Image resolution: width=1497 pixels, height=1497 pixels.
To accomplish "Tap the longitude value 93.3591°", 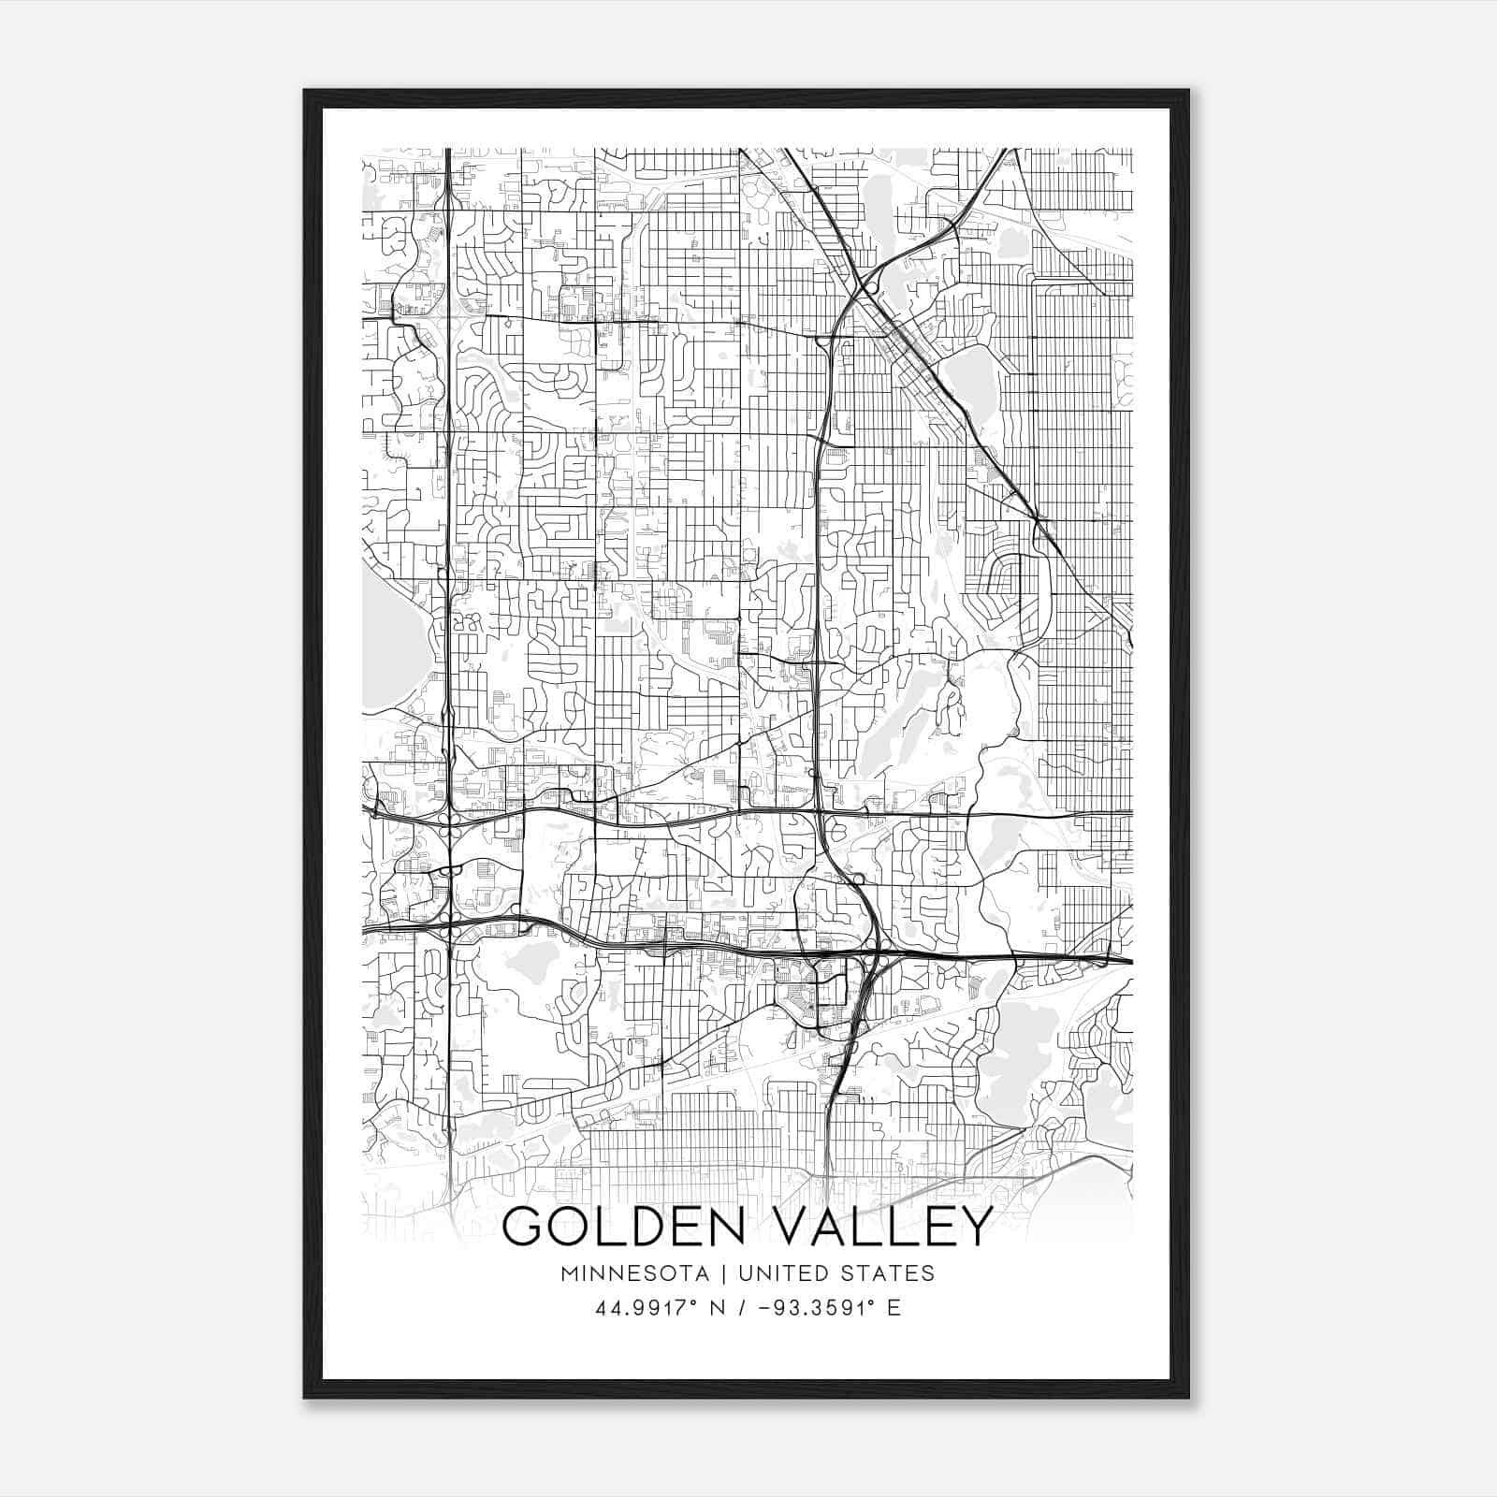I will [811, 1308].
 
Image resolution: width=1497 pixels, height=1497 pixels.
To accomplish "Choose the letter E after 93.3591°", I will [894, 1308].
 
